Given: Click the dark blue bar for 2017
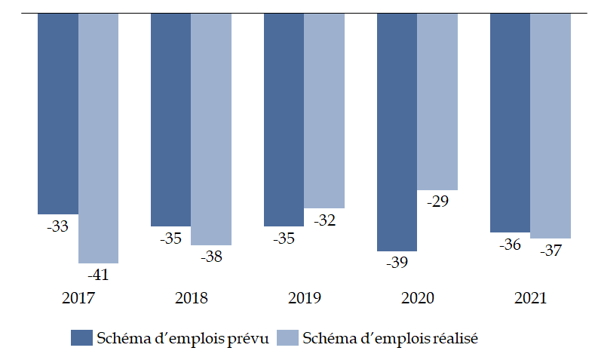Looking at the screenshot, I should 58,113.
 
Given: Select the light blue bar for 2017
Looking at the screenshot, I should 98,138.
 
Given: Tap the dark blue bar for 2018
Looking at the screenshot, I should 170,119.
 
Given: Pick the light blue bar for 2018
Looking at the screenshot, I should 211,128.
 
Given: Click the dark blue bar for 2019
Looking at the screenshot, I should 284,119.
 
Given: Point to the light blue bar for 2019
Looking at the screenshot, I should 324,110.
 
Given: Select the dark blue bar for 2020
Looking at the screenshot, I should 397,132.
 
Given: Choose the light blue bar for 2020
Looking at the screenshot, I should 437,101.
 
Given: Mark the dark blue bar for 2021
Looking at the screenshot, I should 510,122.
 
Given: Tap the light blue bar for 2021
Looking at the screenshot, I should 551,125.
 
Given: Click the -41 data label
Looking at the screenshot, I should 98,275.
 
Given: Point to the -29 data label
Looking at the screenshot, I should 437,202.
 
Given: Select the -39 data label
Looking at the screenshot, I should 397,263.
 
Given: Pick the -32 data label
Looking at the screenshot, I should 324,220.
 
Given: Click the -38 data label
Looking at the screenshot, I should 211,257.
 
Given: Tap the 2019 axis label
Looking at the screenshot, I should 305,298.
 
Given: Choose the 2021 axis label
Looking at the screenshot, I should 530,298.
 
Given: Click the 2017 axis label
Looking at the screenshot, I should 78,298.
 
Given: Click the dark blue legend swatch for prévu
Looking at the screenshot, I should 81,337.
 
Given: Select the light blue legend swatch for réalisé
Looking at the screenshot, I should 288,337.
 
